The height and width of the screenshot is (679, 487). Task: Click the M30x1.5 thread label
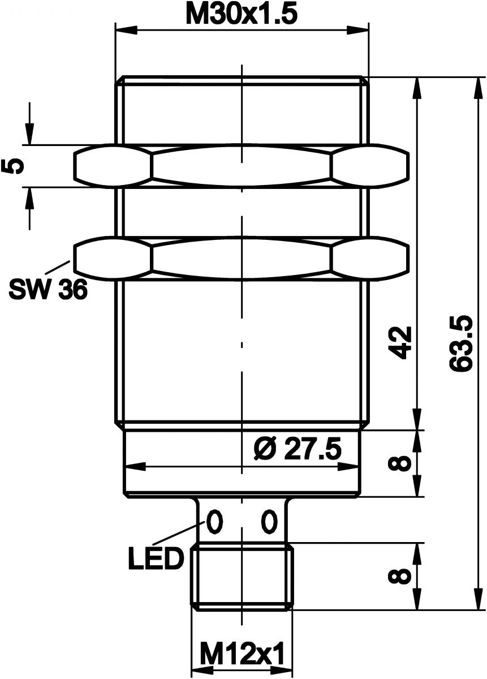(242, 15)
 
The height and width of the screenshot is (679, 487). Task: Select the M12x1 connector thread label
(242, 656)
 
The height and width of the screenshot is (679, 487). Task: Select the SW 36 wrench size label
(48, 290)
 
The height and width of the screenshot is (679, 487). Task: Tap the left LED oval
(214, 521)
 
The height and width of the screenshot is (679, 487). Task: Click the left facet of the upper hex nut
(113, 166)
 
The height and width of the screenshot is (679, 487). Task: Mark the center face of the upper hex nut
(242, 166)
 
